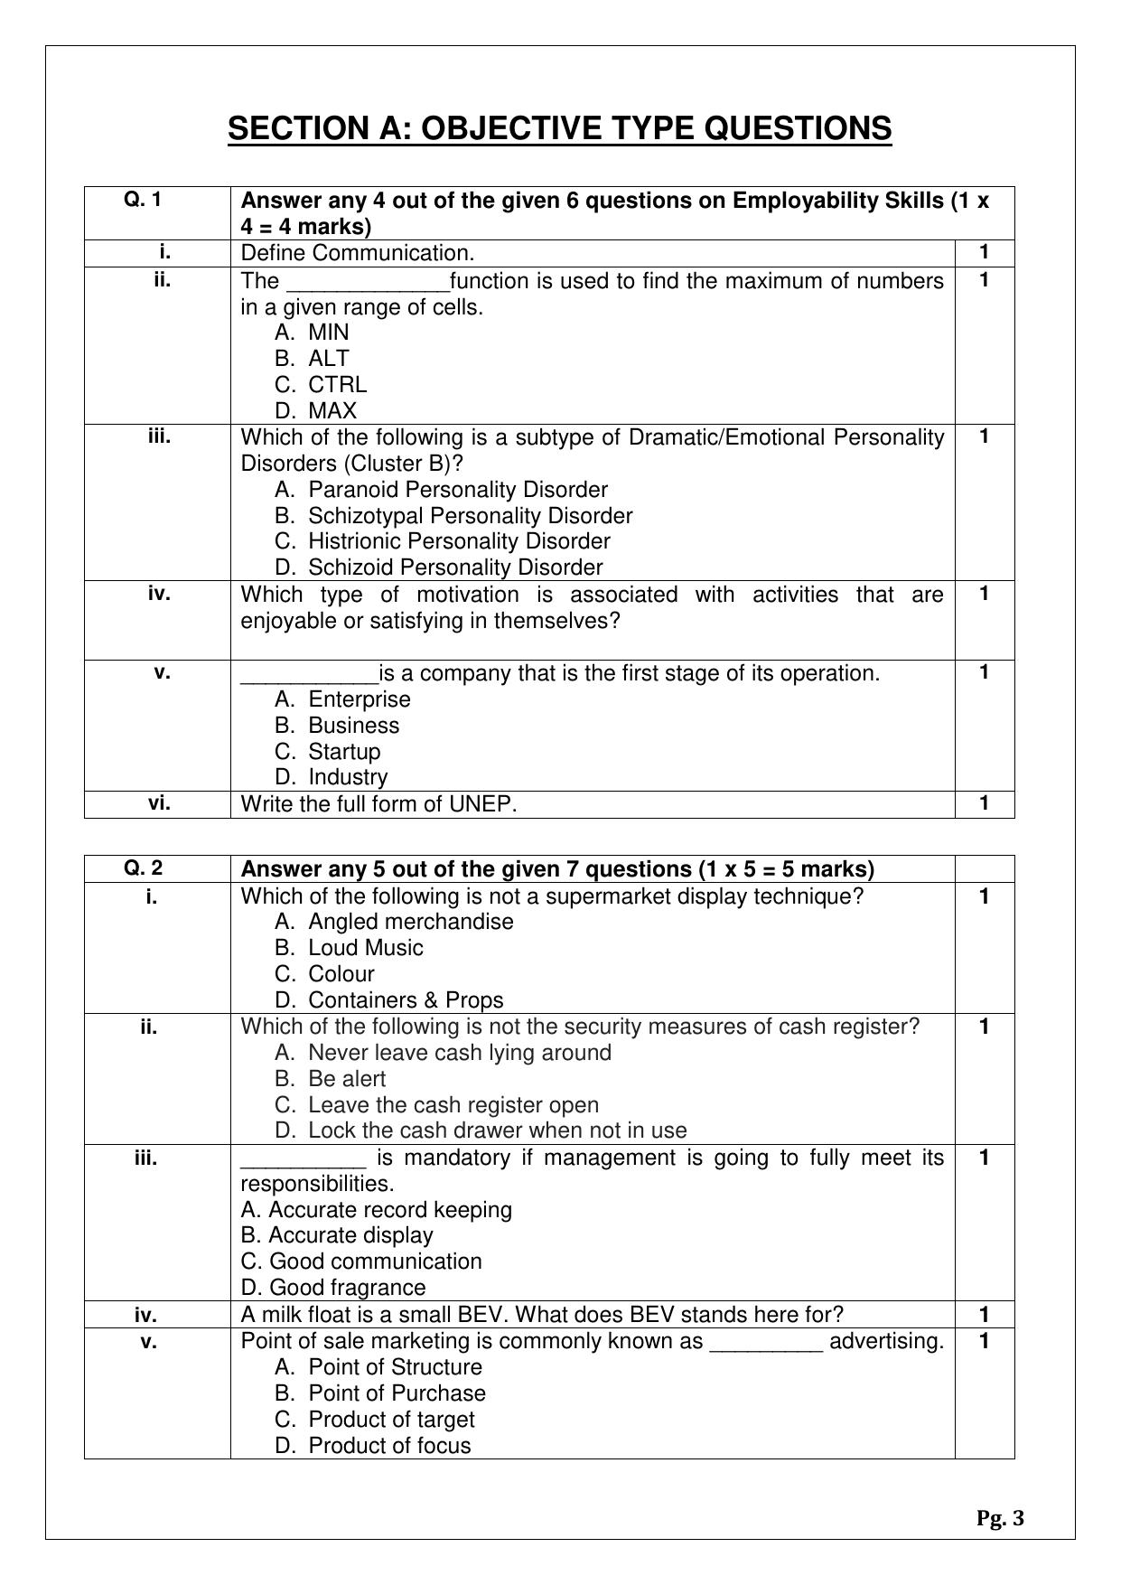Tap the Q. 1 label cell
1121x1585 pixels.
144,200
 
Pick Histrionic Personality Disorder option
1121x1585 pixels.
443,541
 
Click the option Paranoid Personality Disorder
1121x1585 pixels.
441,490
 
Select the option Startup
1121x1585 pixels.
328,752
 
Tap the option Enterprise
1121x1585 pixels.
342,699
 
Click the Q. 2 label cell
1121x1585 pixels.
144,868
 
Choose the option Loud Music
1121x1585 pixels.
349,948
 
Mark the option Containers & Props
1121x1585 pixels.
389,1000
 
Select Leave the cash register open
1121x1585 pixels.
436,1105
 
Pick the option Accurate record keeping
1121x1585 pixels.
377,1210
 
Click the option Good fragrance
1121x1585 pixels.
333,1288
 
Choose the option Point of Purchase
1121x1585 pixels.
380,1393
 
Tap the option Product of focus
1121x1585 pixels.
373,1446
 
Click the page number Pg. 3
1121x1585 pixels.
1000,1519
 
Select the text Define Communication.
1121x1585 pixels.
358,254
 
